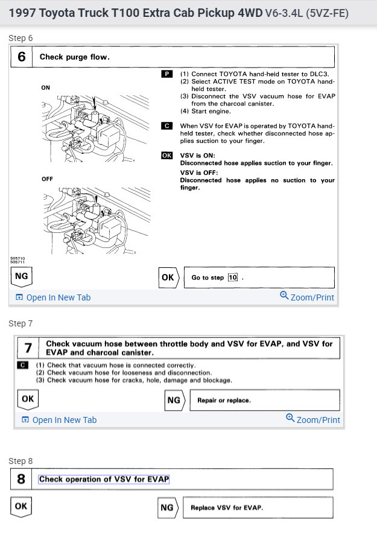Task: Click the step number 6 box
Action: (22, 57)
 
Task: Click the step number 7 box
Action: (28, 348)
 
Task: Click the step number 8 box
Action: (21, 479)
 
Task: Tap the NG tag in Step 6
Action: (21, 277)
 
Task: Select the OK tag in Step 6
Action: (168, 278)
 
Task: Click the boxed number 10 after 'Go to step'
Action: (233, 278)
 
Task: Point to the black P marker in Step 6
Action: (167, 74)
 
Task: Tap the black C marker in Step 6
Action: (167, 126)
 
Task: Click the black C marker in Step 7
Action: (23, 365)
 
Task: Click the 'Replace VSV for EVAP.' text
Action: (227, 507)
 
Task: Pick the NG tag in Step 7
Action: (174, 399)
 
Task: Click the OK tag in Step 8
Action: (21, 506)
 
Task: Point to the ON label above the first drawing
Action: (46, 87)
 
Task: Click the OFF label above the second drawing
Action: (47, 179)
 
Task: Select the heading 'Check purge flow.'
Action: (74, 57)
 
